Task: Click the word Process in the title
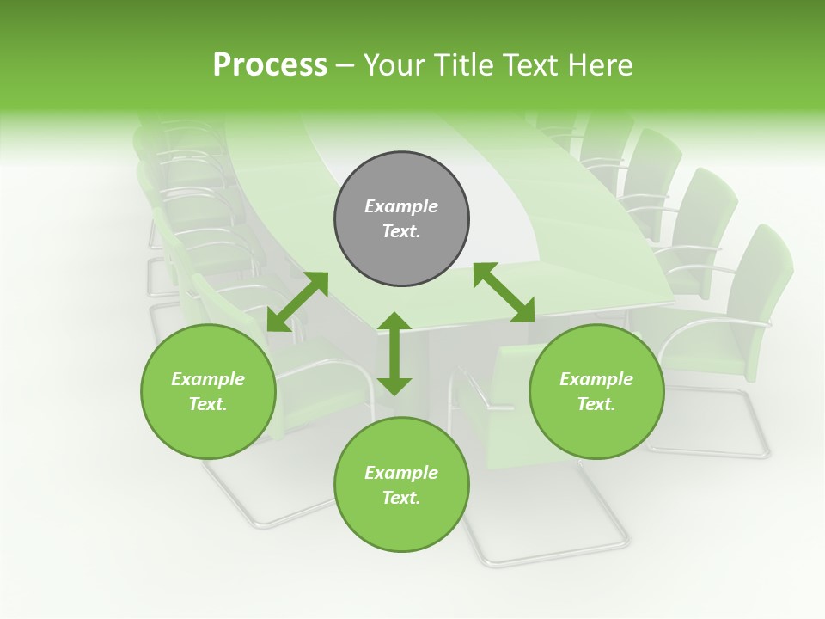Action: click(x=270, y=65)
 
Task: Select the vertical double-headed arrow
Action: click(x=394, y=353)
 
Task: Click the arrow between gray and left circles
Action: click(x=297, y=302)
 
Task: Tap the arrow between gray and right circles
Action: click(x=504, y=292)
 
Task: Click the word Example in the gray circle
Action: click(x=401, y=206)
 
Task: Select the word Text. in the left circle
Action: click(x=208, y=404)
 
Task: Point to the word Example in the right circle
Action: click(x=596, y=379)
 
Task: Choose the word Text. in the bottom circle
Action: click(x=401, y=498)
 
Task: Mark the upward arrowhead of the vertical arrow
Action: click(x=394, y=321)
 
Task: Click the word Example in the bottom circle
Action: click(x=401, y=473)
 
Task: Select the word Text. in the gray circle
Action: click(x=401, y=231)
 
